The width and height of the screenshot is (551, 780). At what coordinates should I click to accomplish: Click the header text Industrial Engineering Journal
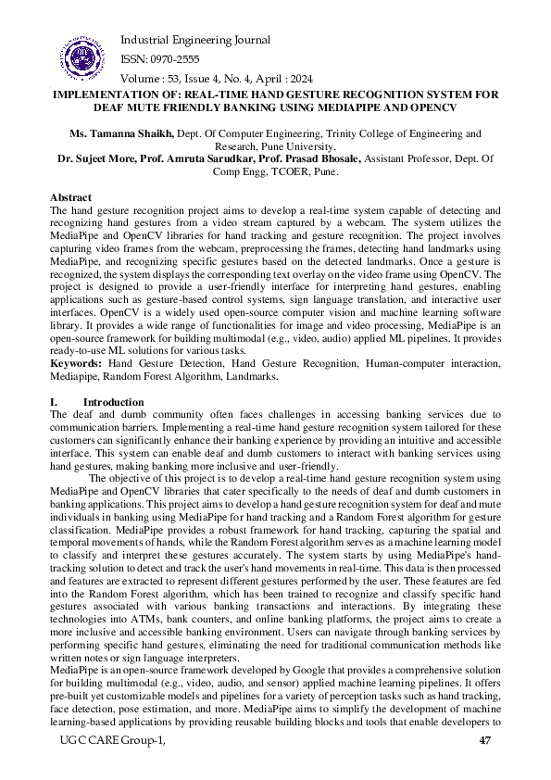tap(195, 40)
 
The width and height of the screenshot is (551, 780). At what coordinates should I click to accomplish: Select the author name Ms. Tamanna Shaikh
tap(115, 134)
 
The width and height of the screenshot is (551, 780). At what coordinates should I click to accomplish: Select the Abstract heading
tap(70, 198)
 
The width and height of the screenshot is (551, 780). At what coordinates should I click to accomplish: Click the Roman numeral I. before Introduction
tap(53, 402)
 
